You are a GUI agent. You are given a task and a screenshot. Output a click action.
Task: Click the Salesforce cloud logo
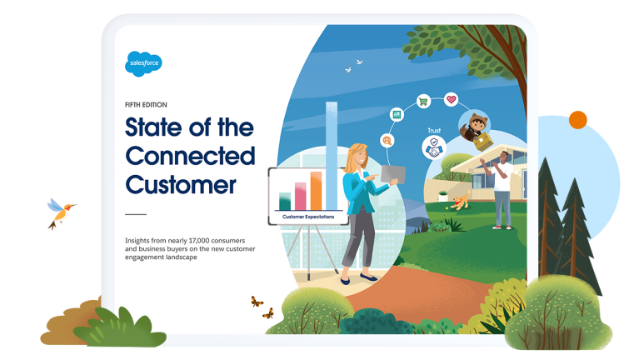point(142,63)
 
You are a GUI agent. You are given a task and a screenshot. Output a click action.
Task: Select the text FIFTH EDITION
point(146,105)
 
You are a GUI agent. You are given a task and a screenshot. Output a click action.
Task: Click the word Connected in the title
point(189,156)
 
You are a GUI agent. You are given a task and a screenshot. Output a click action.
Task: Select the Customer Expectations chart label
point(307,217)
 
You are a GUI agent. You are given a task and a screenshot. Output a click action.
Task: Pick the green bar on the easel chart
point(285,201)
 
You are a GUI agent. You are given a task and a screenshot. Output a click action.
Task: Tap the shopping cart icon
point(423,102)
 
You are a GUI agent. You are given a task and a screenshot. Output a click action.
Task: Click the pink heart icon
point(451,99)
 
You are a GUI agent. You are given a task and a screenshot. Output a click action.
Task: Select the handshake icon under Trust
point(433,147)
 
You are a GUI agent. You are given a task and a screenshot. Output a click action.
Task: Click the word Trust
point(433,131)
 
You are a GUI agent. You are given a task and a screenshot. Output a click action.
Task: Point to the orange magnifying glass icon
point(387,141)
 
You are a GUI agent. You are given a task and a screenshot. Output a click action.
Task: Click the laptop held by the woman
point(392,174)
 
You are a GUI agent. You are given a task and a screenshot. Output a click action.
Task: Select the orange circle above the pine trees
point(577,120)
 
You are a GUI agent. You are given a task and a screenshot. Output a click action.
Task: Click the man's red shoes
point(502,226)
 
